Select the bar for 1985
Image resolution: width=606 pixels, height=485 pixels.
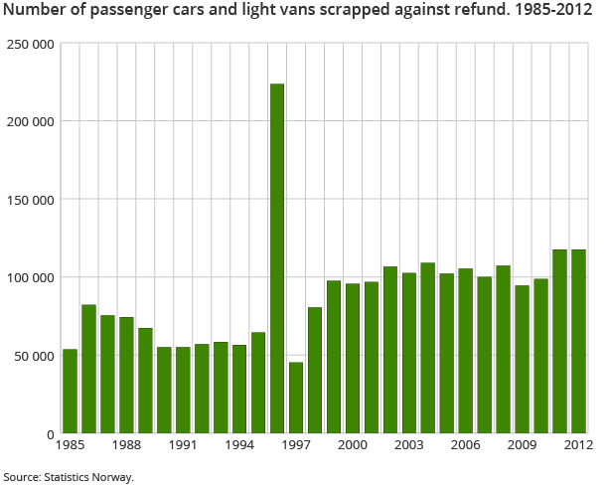click(x=70, y=392)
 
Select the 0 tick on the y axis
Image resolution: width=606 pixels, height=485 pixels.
click(x=48, y=434)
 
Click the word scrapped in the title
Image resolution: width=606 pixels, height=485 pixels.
click(x=341, y=13)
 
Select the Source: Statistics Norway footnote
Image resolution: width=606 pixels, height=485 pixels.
click(x=68, y=476)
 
